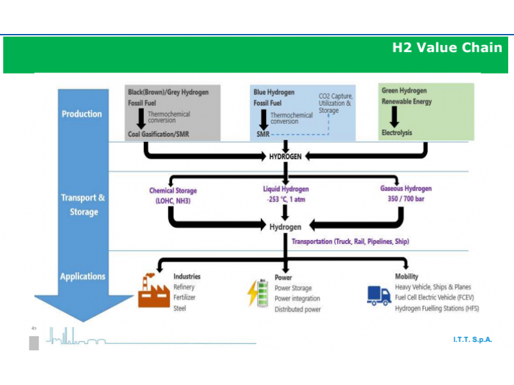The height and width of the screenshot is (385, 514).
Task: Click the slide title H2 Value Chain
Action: [x=447, y=47]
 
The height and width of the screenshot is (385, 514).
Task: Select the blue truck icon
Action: [x=379, y=296]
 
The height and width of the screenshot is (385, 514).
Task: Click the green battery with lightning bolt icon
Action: [x=258, y=293]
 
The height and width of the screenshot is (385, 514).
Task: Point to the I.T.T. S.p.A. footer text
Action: [x=472, y=339]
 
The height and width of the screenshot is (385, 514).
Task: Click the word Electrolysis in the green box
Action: [x=396, y=133]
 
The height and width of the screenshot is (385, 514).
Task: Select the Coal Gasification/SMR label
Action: [x=158, y=134]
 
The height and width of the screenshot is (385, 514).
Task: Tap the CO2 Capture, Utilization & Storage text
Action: [x=335, y=103]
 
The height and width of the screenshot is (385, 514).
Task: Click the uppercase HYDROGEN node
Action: [x=285, y=157]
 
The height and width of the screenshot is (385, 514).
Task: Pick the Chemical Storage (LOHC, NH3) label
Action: [x=173, y=196]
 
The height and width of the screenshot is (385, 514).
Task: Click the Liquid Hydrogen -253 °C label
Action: [x=286, y=194]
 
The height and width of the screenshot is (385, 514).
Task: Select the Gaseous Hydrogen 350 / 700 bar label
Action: [x=406, y=194]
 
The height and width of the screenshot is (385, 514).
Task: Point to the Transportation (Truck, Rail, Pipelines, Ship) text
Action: [x=350, y=242]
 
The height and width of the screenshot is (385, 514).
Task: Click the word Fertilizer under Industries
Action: [x=184, y=297]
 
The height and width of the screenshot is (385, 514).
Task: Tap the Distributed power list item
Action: [x=297, y=309]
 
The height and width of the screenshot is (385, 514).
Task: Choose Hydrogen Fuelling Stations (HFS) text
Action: [x=437, y=309]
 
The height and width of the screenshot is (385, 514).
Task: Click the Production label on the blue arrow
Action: [x=82, y=114]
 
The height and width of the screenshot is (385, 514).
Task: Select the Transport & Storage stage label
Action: [x=84, y=205]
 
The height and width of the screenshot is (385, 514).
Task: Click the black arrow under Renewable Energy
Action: [x=394, y=117]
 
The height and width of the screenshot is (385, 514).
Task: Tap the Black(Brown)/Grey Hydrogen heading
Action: [x=168, y=92]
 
